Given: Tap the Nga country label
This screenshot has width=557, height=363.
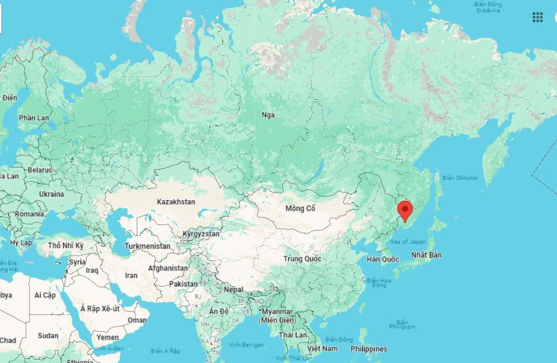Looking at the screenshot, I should pyautogui.click(x=269, y=115).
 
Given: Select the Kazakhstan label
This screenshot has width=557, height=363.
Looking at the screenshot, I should pyautogui.click(x=176, y=202).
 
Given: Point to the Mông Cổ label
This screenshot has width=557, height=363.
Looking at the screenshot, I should pyautogui.click(x=300, y=208).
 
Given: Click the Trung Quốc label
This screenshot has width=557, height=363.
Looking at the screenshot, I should pyautogui.click(x=303, y=259).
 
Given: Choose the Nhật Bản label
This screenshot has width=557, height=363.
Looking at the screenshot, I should pyautogui.click(x=426, y=255).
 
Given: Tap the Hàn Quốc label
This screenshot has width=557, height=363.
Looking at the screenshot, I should pyautogui.click(x=382, y=260).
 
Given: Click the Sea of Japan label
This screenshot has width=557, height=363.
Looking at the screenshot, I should pyautogui.click(x=409, y=241).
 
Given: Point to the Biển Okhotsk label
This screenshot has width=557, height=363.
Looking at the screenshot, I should pyautogui.click(x=460, y=177).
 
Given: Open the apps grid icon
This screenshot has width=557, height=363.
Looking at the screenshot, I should pyautogui.click(x=537, y=18).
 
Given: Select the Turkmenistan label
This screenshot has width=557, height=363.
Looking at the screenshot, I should pyautogui.click(x=148, y=246).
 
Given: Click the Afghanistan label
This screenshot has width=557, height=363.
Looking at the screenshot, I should pyautogui.click(x=167, y=268).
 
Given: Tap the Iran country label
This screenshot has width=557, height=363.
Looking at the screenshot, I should pyautogui.click(x=131, y=275).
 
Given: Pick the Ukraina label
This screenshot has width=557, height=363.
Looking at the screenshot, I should pyautogui.click(x=51, y=194).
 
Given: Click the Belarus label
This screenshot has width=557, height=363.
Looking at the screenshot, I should pyautogui.click(x=40, y=170).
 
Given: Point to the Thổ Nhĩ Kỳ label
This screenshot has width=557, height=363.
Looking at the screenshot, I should pyautogui.click(x=66, y=245).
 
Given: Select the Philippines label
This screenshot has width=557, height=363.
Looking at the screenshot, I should pyautogui.click(x=369, y=349).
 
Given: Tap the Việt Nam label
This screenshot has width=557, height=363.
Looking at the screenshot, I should pyautogui.click(x=323, y=348).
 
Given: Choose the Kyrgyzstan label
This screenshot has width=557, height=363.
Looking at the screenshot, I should pyautogui.click(x=201, y=234).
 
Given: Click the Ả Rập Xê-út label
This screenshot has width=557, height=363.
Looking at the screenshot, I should pyautogui.click(x=100, y=308).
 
